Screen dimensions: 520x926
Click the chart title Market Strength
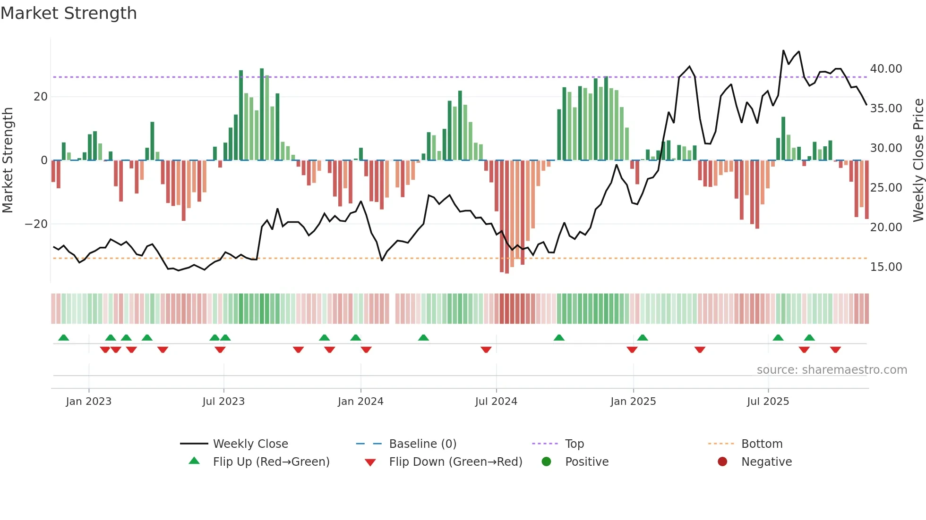69,13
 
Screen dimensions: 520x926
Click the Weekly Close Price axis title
918,160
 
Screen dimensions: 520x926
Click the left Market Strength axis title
8,160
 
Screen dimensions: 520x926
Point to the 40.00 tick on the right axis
886,69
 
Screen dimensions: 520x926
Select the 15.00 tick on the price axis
886,267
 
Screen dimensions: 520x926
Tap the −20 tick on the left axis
36,224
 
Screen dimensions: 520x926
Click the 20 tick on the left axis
41,97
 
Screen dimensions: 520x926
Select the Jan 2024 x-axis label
360,402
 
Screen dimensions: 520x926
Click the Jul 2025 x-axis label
768,402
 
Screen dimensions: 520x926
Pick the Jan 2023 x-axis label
89,402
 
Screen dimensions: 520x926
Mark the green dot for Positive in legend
547,462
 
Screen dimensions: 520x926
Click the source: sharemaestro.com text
832,370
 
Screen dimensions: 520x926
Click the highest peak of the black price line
783,50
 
